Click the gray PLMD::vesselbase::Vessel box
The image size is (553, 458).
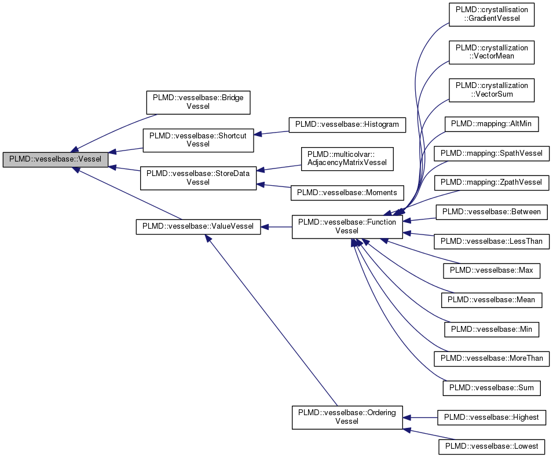55,159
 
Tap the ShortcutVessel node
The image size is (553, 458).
197,140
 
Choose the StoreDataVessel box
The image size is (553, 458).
197,177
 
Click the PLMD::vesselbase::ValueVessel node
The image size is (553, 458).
197,226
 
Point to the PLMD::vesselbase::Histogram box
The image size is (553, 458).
347,124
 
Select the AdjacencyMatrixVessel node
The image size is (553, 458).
347,159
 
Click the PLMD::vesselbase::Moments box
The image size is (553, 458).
347,193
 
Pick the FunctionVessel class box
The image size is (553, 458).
347,226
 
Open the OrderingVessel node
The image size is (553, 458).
347,417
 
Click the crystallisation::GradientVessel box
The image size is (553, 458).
492,14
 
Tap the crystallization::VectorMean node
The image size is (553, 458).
492,52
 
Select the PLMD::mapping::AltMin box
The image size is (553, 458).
492,123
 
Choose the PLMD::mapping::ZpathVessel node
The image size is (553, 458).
491,183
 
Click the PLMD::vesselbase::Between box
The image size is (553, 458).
491,212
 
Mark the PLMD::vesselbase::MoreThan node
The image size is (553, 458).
491,358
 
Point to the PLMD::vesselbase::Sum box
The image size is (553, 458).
491,387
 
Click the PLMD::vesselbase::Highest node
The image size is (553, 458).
491,417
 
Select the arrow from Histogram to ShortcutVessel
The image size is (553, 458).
272,133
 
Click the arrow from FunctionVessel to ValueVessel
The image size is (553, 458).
276,227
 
